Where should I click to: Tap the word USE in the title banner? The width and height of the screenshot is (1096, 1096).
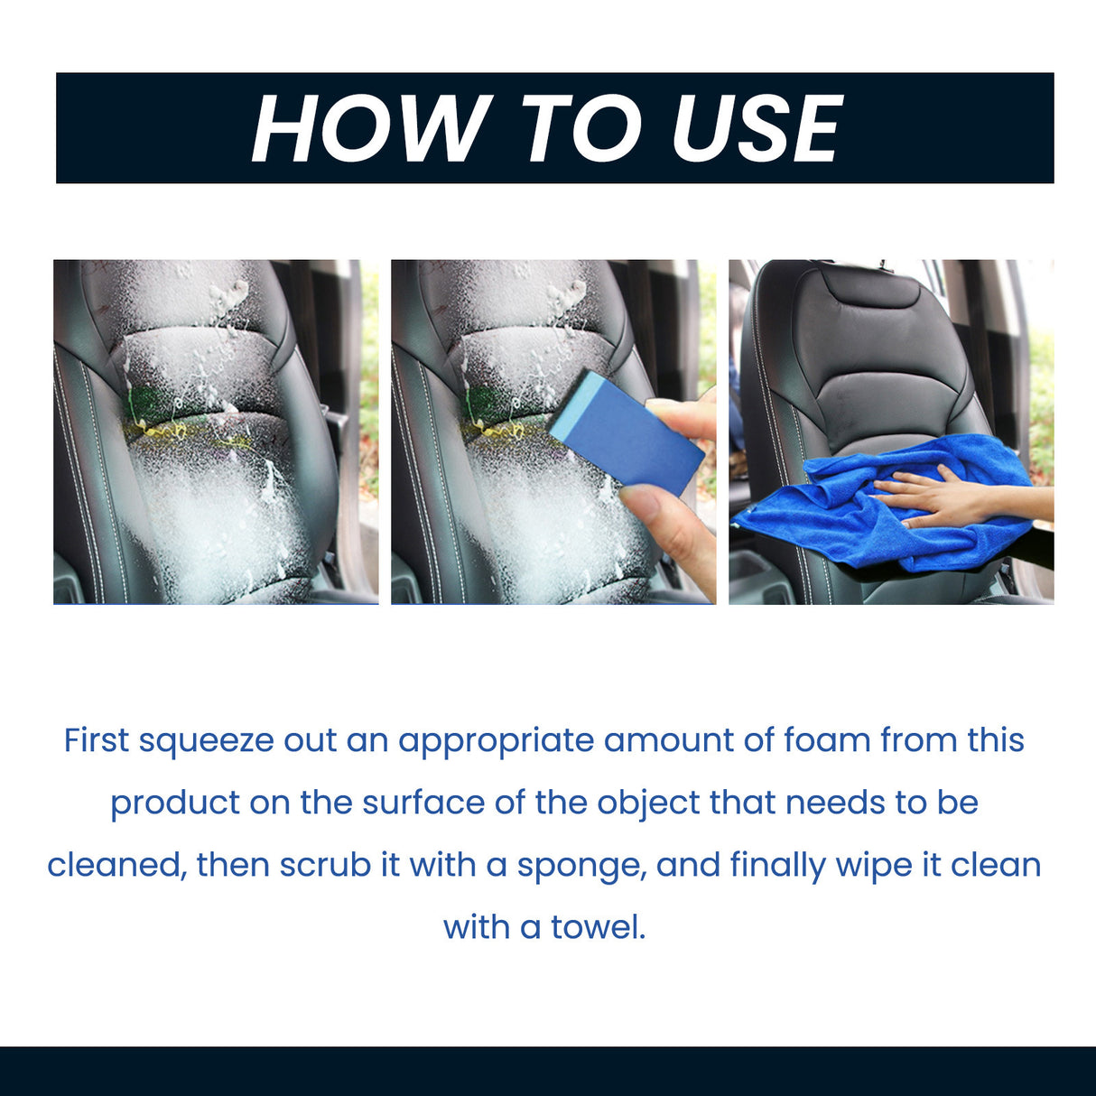[x=757, y=129]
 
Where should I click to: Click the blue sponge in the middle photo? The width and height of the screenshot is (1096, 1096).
[x=625, y=431]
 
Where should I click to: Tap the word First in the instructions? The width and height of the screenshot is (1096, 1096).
[x=97, y=740]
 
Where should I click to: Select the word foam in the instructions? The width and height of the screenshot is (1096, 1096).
[x=827, y=740]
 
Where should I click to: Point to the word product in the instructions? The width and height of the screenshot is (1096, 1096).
[x=174, y=803]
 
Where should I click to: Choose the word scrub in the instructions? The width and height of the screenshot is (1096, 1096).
[x=325, y=865]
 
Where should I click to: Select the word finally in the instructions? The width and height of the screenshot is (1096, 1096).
[x=777, y=865]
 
